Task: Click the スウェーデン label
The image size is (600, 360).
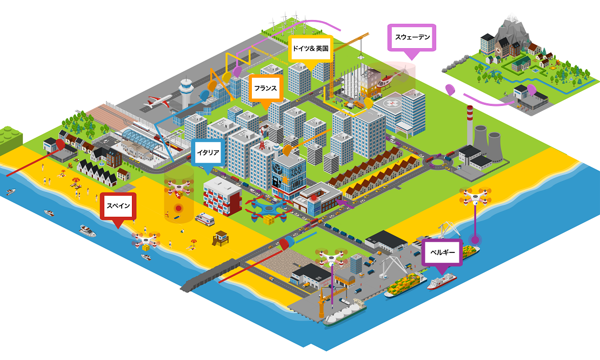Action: (x=412, y=37)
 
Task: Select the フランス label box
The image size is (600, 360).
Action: (x=266, y=88)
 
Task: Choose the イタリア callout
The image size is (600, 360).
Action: (x=206, y=152)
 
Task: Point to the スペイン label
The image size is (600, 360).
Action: (x=118, y=206)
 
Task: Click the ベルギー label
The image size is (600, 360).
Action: (x=442, y=252)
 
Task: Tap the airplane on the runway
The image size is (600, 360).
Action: (x=159, y=101)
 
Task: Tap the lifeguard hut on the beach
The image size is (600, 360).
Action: (x=221, y=237)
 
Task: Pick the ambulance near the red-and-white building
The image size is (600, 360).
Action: (x=205, y=219)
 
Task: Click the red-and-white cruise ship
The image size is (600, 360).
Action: (x=442, y=281)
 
